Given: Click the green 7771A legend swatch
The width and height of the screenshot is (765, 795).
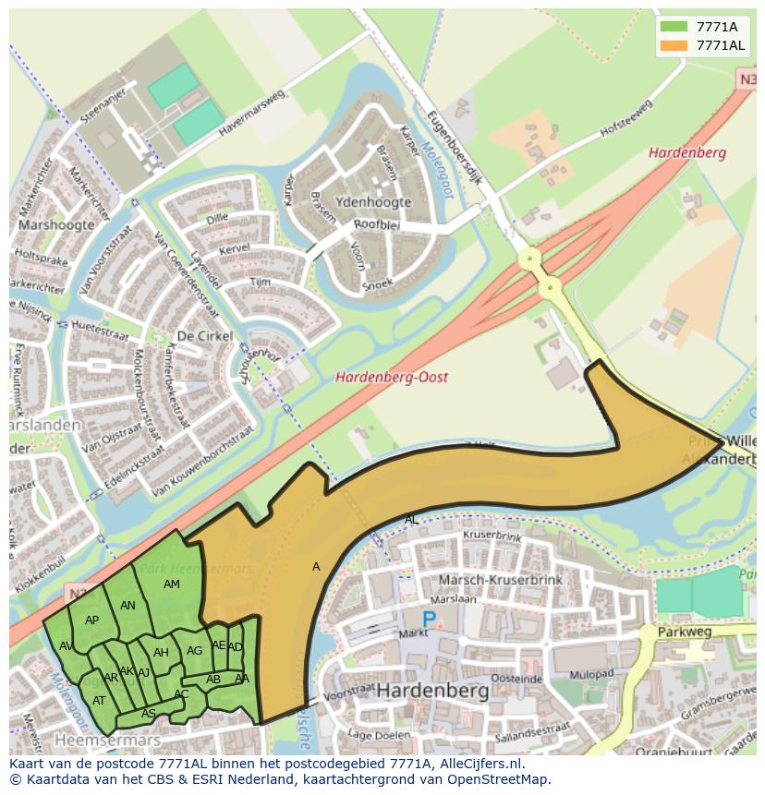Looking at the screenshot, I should point(674,27).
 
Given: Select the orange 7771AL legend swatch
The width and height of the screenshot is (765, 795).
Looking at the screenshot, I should point(674,45).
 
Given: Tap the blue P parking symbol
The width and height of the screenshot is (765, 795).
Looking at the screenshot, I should point(429,620).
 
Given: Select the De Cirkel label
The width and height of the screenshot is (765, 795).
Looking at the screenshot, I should point(204,336).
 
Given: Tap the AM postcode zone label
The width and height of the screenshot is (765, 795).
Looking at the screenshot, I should point(172,584).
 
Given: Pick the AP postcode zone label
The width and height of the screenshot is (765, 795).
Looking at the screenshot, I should point(91,620).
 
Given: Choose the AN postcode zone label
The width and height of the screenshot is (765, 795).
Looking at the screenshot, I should point(128,606).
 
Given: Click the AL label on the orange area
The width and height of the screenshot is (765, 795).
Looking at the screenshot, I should point(411,520).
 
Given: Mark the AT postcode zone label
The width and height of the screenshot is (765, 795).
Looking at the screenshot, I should point(99,701).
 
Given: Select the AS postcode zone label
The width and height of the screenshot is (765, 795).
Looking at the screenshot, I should point(149,714).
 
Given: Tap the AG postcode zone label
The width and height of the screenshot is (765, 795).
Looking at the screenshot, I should point(194,651).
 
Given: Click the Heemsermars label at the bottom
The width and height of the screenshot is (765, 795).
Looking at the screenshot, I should point(107,741).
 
